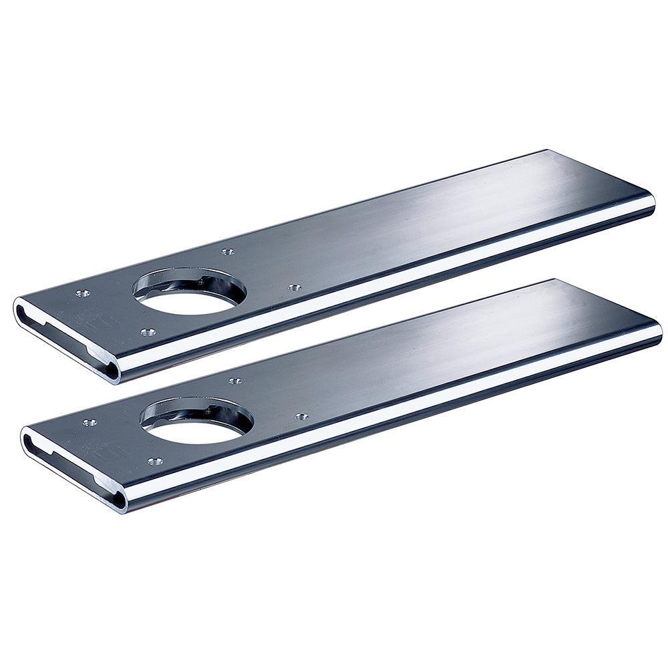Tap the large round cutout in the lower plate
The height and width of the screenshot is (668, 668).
[x=196, y=425]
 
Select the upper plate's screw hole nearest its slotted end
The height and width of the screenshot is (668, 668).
[x=83, y=293]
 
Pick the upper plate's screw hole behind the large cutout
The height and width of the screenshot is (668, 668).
[x=228, y=252]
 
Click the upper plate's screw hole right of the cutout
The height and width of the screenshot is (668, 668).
[x=294, y=288]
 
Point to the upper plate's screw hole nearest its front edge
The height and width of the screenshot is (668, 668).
[x=148, y=331]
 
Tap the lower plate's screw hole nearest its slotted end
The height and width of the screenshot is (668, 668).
[x=90, y=422]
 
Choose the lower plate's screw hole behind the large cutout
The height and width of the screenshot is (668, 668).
[x=234, y=381]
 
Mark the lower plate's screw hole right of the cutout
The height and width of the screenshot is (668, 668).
[x=301, y=417]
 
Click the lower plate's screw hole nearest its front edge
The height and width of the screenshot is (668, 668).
[x=155, y=461]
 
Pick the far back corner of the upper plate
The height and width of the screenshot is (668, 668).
[x=548, y=151]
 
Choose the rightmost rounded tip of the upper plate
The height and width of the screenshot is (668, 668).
[x=653, y=204]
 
